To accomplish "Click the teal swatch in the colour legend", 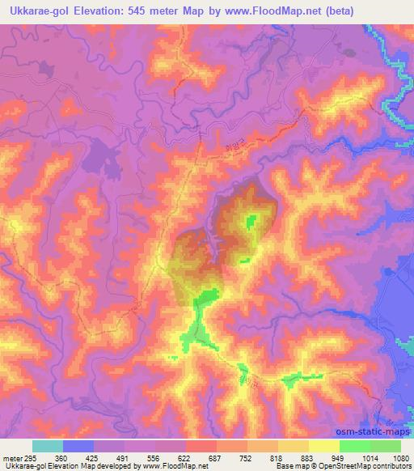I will click(49, 446).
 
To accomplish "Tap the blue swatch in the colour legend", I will click(79, 446).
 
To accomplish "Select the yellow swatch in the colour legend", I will click(323, 446).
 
